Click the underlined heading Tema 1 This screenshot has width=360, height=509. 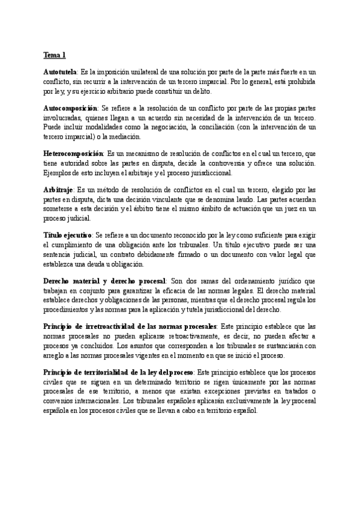click(x=54, y=55)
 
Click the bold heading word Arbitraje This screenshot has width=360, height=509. click(x=59, y=190)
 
